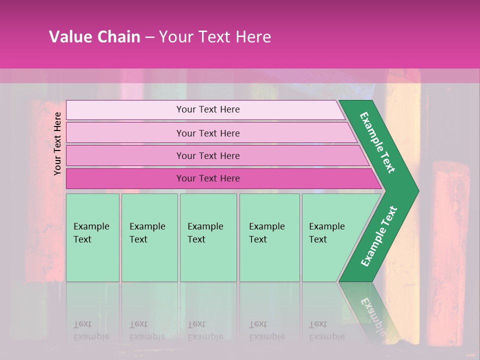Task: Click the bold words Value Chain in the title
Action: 94,37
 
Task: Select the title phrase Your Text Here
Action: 215,37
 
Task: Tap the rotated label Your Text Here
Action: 58,143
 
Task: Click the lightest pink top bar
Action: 125,110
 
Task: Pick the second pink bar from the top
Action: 125,133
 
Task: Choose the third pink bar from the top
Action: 125,155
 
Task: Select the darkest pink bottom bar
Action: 125,178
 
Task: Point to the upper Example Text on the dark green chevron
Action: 377,142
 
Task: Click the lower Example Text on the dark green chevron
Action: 379,236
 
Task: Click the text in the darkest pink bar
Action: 208,178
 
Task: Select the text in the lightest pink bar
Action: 208,109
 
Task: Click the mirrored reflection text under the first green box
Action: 91,330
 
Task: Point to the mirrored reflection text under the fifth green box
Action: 327,330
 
